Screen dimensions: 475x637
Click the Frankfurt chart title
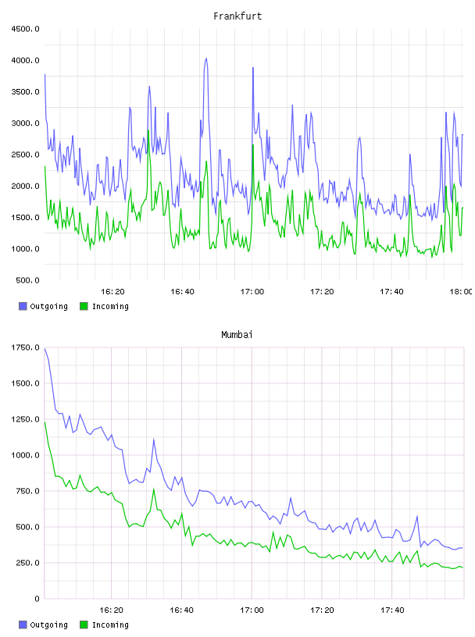tap(237, 16)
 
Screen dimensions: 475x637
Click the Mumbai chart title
tap(237, 335)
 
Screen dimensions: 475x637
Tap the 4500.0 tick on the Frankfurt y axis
tap(25, 29)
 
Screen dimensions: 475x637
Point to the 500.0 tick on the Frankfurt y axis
tap(27, 280)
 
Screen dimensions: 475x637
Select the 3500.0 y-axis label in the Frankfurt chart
tap(25, 92)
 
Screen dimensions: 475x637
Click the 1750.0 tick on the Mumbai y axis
tap(25, 347)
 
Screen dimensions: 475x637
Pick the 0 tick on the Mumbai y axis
tap(37, 599)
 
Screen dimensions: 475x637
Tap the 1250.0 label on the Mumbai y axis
tap(25, 419)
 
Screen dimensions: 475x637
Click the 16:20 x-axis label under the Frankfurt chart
tap(112, 292)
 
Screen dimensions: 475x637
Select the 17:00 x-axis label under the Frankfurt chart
tap(252, 292)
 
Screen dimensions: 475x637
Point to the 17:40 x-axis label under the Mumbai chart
tap(392, 610)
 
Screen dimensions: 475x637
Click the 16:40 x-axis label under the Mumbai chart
tap(182, 610)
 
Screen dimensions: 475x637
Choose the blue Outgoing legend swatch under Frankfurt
tap(23, 306)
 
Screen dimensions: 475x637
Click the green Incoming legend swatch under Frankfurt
tap(84, 306)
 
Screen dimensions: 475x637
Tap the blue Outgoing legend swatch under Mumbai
tap(23, 625)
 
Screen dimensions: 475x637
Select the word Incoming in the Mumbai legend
tap(110, 625)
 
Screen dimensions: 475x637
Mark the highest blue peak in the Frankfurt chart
tap(206, 59)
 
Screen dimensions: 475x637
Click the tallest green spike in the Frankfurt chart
tap(148, 131)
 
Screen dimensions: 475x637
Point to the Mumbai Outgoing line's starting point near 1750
tap(45, 349)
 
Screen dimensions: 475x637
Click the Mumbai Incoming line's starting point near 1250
tap(45, 422)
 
